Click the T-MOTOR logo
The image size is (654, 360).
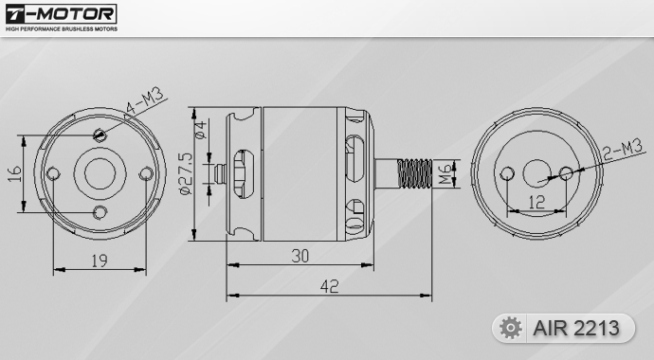[x=62, y=14]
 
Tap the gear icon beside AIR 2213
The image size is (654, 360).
[x=511, y=328]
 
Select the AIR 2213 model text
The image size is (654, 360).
[x=576, y=329]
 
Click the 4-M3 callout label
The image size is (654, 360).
[x=144, y=101]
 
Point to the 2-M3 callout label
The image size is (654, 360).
[x=623, y=150]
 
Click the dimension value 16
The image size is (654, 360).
[x=15, y=173]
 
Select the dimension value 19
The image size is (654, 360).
[x=100, y=261]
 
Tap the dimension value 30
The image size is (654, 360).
[x=300, y=256]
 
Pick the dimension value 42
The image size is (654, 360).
[x=330, y=286]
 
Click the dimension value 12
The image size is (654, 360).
[x=536, y=202]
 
